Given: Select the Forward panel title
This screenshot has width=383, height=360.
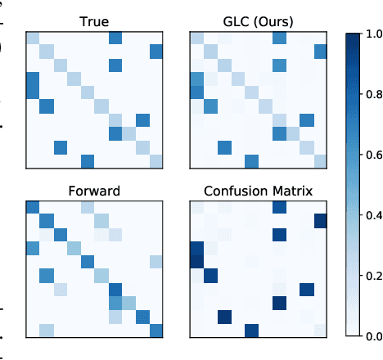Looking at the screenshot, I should (x=94, y=191).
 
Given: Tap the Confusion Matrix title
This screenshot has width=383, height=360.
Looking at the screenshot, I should (x=258, y=191).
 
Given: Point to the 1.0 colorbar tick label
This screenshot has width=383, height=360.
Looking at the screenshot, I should (x=372, y=34).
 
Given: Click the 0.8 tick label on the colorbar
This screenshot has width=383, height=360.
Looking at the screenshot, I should (x=372, y=95).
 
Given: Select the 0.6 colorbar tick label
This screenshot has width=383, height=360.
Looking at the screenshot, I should (x=372, y=155).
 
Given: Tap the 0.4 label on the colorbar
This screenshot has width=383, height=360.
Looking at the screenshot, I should (x=372, y=215).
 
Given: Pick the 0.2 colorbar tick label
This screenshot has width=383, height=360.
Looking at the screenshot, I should (x=372, y=276).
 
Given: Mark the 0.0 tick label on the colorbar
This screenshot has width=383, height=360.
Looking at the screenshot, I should (x=372, y=335).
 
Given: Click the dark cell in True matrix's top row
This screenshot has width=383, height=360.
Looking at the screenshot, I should (x=115, y=38).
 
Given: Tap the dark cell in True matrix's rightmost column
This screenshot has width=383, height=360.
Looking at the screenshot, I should (x=156, y=52).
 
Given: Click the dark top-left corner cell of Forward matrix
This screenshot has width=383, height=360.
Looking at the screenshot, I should (x=33, y=206).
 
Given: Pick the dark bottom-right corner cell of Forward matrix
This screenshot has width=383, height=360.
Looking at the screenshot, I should (x=156, y=330).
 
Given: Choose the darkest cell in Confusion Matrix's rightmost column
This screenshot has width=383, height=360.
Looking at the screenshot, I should (x=319, y=220).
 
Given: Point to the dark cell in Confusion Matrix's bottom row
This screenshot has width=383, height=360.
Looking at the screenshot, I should (x=251, y=330).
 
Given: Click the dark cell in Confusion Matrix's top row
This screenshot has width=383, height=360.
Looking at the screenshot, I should (x=279, y=206).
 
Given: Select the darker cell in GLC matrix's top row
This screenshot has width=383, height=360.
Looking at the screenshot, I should (x=279, y=38).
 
